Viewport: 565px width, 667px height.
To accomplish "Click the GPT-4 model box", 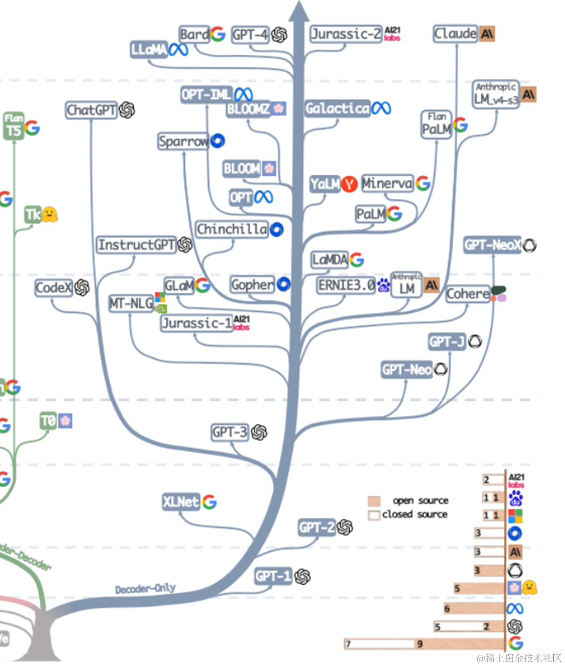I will (250, 35).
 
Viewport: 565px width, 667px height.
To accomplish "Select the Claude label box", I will (456, 33).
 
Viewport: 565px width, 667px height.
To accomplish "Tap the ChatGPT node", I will (91, 110).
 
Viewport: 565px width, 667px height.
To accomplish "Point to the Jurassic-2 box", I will (346, 34).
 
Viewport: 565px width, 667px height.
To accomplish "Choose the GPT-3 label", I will (230, 432).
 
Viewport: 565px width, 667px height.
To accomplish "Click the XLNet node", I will (181, 501).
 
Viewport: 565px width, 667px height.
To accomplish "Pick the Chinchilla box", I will (232, 229).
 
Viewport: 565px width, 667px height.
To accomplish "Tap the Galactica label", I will (338, 108).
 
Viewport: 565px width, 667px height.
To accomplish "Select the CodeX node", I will (53, 288).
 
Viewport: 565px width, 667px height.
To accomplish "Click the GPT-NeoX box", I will (492, 245).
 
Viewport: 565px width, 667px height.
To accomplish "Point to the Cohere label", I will (468, 294).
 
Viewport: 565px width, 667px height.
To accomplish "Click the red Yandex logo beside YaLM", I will (349, 184).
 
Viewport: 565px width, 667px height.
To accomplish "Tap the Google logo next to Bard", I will (218, 34).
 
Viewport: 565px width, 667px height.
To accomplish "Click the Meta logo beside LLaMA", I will (178, 50).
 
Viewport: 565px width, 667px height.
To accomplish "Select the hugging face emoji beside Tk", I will (49, 214).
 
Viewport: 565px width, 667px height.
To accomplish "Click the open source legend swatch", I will (374, 501).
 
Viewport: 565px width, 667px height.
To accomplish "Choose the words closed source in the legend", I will (415, 514).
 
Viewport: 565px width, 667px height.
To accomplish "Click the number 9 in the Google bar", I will (420, 644).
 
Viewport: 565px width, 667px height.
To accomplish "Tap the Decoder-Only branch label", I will (145, 588).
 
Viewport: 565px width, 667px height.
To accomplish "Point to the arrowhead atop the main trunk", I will (299, 11).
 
